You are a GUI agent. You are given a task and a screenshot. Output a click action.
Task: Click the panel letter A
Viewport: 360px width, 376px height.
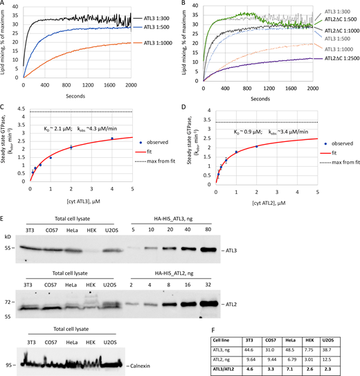click(4, 4)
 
